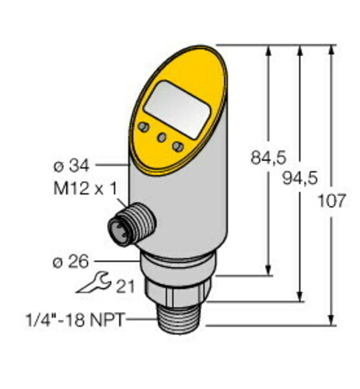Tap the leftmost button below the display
point(144,127)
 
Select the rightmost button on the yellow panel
point(179,146)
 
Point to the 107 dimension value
point(331,202)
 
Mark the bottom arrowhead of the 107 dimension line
point(332,318)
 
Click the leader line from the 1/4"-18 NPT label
point(144,319)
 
